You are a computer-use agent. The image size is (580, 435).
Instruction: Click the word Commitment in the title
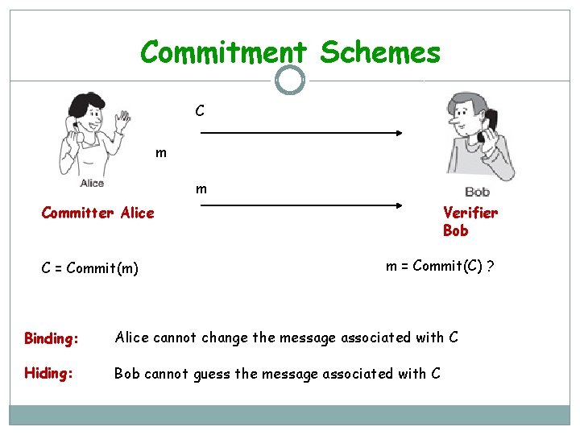point(223,53)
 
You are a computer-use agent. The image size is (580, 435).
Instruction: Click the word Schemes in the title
point(380,53)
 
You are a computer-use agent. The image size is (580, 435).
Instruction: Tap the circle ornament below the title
point(290,80)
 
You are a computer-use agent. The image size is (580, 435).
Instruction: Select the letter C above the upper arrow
point(199,110)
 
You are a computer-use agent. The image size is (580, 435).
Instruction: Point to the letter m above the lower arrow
point(201,189)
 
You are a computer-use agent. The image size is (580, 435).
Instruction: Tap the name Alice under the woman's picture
point(92,184)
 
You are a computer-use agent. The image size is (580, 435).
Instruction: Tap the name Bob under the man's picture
point(477,192)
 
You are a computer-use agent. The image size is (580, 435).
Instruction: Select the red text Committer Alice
point(97,213)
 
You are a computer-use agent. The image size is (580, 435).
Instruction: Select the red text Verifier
point(470,213)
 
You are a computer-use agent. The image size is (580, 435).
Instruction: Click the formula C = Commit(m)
point(90,268)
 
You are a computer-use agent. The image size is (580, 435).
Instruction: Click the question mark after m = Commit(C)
point(491,267)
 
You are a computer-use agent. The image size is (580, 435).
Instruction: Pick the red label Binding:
point(52,338)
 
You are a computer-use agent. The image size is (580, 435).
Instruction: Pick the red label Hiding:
point(48,374)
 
